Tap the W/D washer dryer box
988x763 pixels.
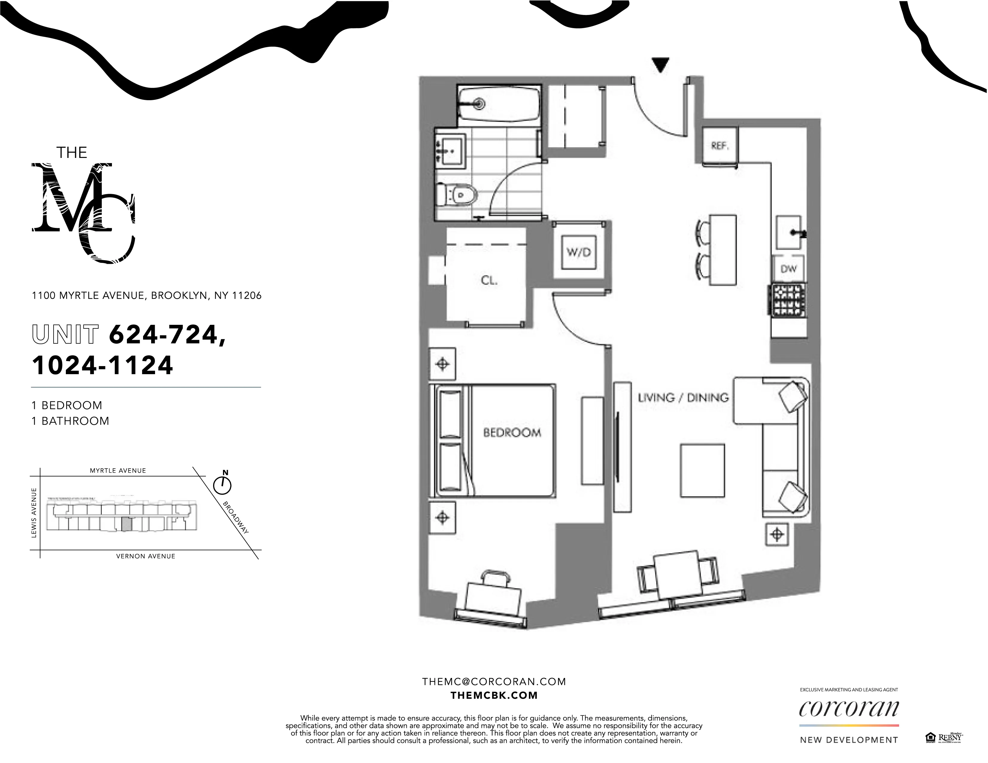[x=579, y=252]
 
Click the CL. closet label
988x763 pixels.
[x=489, y=280]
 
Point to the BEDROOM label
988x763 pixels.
[x=512, y=432]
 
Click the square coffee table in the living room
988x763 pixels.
[x=702, y=470]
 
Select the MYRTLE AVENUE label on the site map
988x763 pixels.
[x=118, y=470]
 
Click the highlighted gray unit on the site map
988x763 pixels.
[x=128, y=524]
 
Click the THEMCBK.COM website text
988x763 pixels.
[x=494, y=695]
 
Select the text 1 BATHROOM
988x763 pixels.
[x=70, y=421]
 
